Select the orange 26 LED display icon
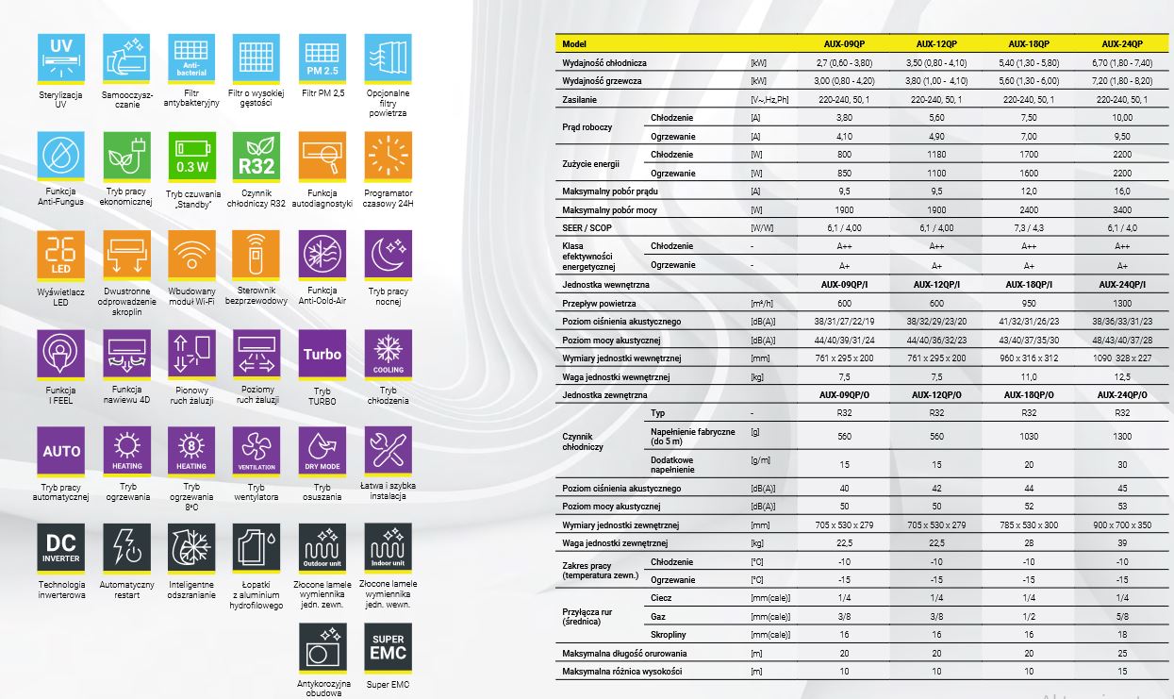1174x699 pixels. [x=61, y=254]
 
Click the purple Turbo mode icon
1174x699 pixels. [x=322, y=353]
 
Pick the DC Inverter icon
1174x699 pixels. [x=61, y=547]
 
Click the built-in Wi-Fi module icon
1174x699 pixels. [x=191, y=254]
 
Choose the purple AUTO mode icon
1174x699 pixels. [x=61, y=451]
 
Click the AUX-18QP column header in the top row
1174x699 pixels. [x=1029, y=44]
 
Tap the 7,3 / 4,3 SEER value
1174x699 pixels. [x=1029, y=227]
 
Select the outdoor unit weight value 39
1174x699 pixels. [x=1122, y=542]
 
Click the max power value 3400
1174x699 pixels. [x=1122, y=209]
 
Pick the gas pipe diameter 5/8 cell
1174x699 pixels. [x=1122, y=616]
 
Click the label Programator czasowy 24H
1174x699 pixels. [x=388, y=197]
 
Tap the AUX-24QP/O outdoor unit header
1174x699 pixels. [x=1122, y=394]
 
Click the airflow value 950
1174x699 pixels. [x=1029, y=303]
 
